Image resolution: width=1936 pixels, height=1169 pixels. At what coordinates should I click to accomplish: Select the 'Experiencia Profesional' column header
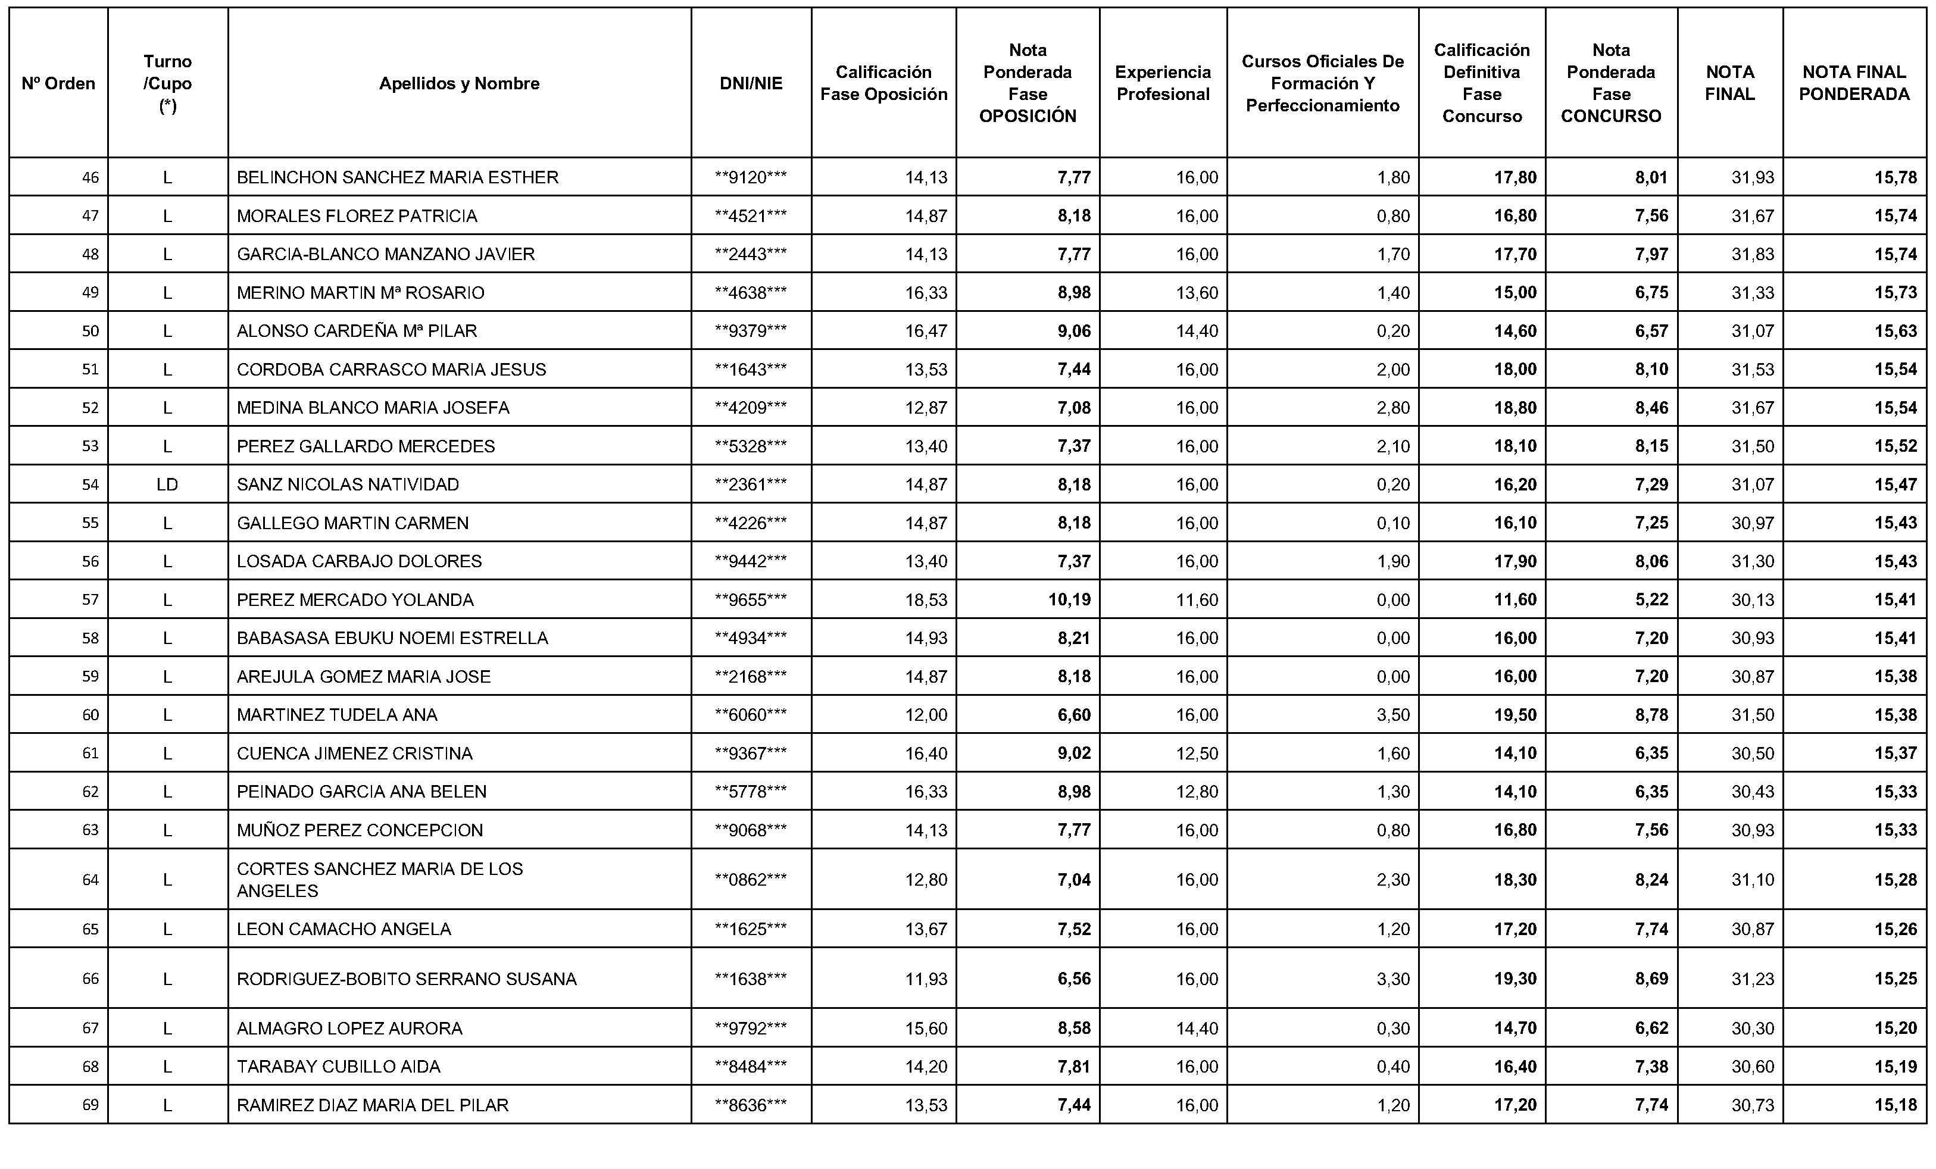[1163, 83]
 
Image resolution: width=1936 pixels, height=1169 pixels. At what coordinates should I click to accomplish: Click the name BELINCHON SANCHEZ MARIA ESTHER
[398, 177]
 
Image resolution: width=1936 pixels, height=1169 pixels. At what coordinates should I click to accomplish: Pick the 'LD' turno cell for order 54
[167, 485]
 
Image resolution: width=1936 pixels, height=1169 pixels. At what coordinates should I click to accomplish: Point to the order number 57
[90, 600]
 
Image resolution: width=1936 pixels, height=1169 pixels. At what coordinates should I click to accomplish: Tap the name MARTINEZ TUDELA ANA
[337, 715]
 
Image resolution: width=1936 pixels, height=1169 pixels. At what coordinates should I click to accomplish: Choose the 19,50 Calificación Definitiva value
[1515, 715]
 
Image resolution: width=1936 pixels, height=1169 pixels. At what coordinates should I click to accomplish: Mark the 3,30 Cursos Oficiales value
[1393, 979]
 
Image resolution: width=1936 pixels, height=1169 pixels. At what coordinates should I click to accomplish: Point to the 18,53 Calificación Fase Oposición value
[926, 600]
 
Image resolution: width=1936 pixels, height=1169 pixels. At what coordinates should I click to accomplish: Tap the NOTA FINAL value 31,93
[1752, 177]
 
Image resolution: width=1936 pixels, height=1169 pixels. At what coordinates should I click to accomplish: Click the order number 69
[90, 1105]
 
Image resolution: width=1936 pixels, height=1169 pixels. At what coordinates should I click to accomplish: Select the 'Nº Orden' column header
[58, 83]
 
